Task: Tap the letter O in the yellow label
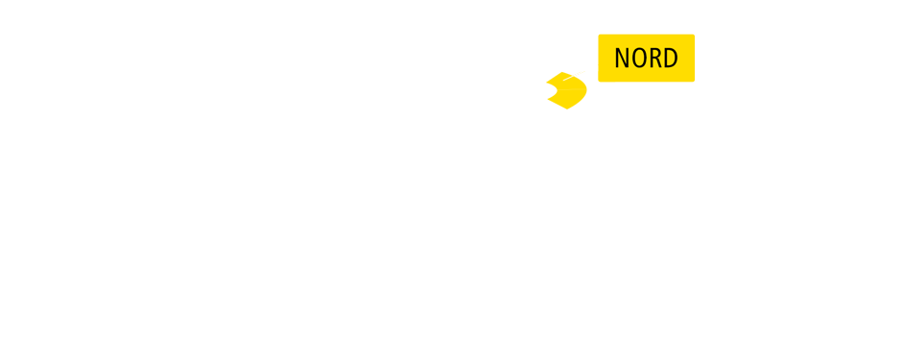tap(638, 59)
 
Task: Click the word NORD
tap(646, 59)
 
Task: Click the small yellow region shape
tap(570, 91)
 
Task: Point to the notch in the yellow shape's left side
tap(554, 91)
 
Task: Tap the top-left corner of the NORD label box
tap(599, 36)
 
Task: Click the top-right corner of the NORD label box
tap(694, 36)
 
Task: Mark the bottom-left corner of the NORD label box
tap(599, 81)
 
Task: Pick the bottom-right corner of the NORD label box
tap(694, 81)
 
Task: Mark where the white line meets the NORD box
tap(599, 64)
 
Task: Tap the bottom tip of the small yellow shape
tap(567, 108)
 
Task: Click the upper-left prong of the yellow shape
tap(548, 84)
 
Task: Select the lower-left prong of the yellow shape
tap(549, 98)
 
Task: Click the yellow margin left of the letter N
tap(605, 59)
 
